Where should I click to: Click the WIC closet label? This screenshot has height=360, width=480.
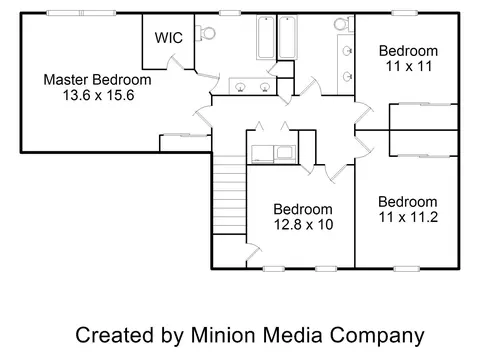[169, 38]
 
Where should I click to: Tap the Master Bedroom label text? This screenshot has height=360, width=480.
[97, 80]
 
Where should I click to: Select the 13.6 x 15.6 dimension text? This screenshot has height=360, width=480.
[99, 95]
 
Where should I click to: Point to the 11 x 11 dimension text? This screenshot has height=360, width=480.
[409, 66]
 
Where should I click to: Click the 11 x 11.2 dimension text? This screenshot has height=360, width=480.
[408, 217]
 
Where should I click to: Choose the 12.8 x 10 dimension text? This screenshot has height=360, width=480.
[303, 225]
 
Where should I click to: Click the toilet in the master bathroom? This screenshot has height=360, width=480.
[205, 33]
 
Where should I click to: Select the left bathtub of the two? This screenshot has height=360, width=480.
[266, 37]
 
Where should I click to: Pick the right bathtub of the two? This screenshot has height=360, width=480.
[287, 37]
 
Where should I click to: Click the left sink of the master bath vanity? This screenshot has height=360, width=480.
[240, 87]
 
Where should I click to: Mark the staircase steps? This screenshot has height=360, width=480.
[229, 195]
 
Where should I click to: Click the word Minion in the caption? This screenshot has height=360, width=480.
[223, 335]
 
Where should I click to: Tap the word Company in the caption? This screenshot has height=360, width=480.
[377, 336]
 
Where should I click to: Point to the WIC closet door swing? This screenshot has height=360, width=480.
[175, 63]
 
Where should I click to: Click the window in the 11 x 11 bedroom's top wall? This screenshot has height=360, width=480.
[404, 13]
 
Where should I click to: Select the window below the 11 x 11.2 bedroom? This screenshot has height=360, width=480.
[406, 269]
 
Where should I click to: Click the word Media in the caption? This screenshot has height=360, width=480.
[292, 335]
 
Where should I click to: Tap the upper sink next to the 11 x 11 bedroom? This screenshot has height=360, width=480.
[347, 51]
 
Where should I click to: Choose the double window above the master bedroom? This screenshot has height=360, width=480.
[81, 13]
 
